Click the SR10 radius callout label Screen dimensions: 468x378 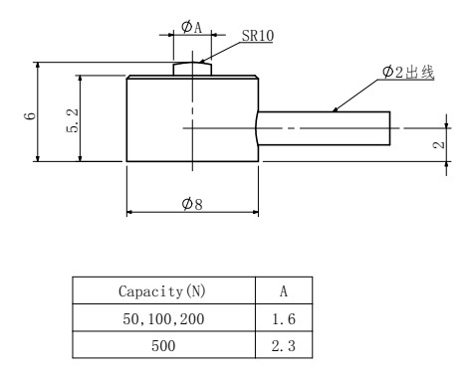tap(258, 36)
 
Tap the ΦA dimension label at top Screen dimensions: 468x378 tap(192, 27)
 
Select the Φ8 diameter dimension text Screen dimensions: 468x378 tap(192, 204)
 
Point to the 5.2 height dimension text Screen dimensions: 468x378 tap(73, 120)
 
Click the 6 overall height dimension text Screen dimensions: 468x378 tap(30, 116)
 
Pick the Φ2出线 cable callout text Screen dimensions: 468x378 tap(408, 72)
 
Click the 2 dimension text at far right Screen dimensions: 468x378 tap(439, 145)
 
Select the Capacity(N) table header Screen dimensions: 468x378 tap(162, 291)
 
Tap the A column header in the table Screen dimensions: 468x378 tap(283, 291)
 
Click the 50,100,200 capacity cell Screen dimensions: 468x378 tap(163, 319)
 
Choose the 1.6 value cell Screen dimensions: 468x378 tap(284, 319)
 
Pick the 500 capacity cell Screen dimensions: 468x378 tap(163, 346)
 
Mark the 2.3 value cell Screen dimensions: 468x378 tap(284, 346)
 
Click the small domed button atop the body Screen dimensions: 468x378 tap(192, 69)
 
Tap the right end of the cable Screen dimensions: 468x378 tap(389, 128)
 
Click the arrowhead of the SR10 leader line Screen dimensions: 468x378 tap(200, 62)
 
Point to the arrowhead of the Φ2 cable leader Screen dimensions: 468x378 tap(335, 109)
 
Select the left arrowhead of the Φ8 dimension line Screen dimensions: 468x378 tap(129, 212)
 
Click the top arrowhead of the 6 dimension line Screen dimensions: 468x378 tap(38, 65)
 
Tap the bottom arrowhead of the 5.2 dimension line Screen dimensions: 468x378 tap(80, 158)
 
